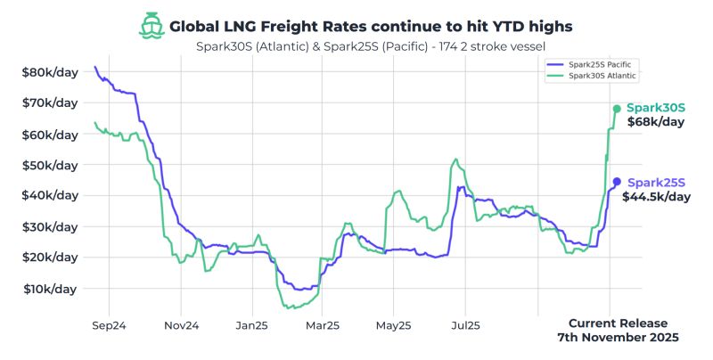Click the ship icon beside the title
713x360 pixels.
pyautogui.click(x=152, y=25)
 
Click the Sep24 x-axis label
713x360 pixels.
pyautogui.click(x=109, y=326)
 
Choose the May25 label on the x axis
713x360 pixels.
pyautogui.click(x=392, y=326)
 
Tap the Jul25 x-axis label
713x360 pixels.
pyautogui.click(x=465, y=326)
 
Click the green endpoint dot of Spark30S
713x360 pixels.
pyautogui.click(x=617, y=109)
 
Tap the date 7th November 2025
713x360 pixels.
pyautogui.click(x=618, y=339)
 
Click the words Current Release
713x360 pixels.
pyautogui.click(x=618, y=323)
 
